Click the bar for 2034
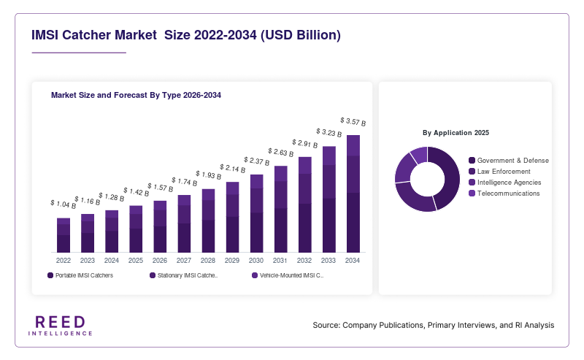pos(353,194)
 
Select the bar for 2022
pos(64,235)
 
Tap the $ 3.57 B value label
pos(353,121)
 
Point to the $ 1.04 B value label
pos(64,204)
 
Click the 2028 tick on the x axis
pos(208,261)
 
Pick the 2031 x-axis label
pos(280,261)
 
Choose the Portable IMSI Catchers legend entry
pos(80,275)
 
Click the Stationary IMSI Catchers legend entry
pos(184,275)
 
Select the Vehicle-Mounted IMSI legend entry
pos(288,275)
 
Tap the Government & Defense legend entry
pos(509,160)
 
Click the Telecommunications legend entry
pos(504,194)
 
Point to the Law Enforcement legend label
pos(504,172)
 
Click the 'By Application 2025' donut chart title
pos(456,133)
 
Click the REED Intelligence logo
pos(61,326)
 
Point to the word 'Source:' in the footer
pos(326,325)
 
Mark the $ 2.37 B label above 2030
pos(257,161)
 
